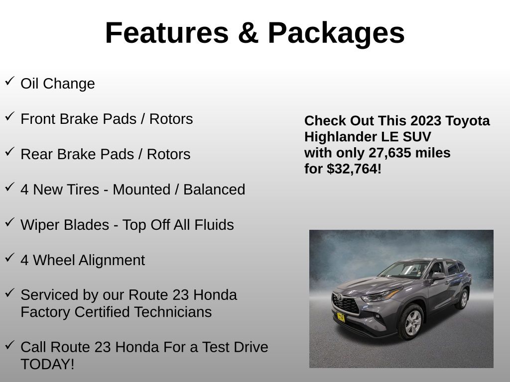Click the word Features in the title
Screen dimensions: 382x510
(x=167, y=33)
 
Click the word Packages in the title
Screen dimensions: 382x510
(x=336, y=33)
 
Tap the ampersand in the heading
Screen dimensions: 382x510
(x=248, y=33)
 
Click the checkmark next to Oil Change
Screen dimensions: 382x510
(x=9, y=81)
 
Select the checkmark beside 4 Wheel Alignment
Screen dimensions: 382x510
(x=9, y=257)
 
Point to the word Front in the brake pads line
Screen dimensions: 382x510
(x=38, y=119)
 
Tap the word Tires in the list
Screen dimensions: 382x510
(x=83, y=190)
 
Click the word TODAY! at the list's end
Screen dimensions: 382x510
(x=47, y=364)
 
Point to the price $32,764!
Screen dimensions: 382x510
(x=354, y=169)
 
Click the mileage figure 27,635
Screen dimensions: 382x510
(x=391, y=153)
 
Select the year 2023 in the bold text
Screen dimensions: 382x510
(x=426, y=121)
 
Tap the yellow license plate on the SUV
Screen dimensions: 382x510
(x=340, y=316)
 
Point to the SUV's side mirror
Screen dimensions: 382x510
(x=438, y=275)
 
